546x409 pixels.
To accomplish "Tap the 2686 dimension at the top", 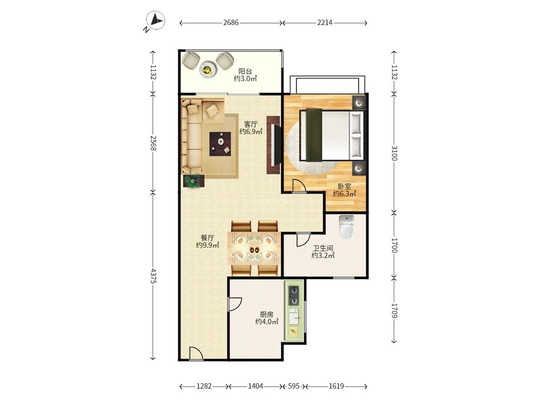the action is coord(231,22).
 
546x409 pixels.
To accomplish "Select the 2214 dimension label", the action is coord(324,22).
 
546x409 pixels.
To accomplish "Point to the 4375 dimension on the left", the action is coord(153,275).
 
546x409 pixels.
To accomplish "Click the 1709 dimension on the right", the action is coord(394,310).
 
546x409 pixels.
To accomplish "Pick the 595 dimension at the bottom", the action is coord(294,386).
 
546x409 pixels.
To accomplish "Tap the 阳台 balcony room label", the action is coord(245,71).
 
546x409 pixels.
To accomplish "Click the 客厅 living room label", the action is coord(251,124).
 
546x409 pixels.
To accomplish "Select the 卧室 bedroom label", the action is coord(345,187).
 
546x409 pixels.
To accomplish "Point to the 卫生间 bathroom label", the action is coord(323,248).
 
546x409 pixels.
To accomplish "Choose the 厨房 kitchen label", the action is coord(266,315).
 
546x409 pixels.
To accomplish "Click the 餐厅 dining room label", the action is coord(207,238).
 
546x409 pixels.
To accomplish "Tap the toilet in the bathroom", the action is coord(347,227).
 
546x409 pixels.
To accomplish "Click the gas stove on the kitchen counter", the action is coord(294,295).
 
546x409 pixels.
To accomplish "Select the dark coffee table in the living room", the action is coord(220,143).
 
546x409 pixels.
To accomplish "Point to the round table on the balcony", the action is coord(207,70).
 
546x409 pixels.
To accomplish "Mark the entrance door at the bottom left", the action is coord(196,353).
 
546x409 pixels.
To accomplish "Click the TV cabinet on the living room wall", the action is coord(274,145).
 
